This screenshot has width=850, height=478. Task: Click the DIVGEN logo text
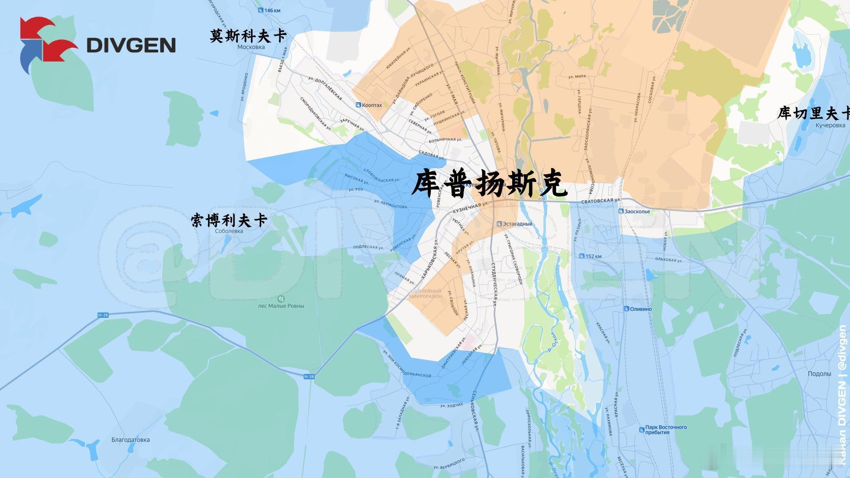pos(131,45)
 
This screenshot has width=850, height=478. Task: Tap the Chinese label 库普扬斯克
pos(489,183)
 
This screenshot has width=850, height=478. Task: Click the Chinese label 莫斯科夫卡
pos(248,36)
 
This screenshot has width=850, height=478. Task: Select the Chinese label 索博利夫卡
pos(229,220)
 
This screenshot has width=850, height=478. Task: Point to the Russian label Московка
pos(251,47)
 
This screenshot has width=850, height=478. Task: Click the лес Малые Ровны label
pos(281,305)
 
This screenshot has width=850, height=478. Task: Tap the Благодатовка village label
pos(131,440)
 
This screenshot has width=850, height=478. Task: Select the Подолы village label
pos(819,374)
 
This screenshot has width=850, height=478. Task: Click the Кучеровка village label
pos(830,125)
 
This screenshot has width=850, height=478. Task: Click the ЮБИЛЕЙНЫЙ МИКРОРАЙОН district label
pos(425,294)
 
